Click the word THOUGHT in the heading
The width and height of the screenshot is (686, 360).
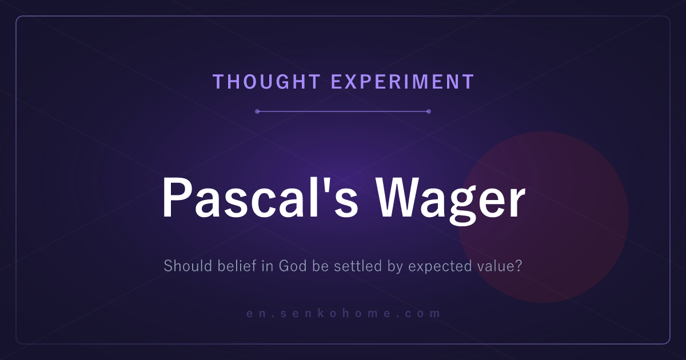(267, 82)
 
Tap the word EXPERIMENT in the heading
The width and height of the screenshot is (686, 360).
(402, 82)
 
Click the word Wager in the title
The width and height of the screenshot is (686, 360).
(450, 201)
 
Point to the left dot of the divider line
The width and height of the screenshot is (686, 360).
(257, 111)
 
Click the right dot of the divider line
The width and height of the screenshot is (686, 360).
(429, 111)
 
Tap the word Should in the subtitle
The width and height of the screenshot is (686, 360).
(188, 266)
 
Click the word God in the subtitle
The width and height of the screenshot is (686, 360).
(293, 266)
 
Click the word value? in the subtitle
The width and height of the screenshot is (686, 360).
(499, 266)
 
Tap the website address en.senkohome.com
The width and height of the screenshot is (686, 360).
(344, 313)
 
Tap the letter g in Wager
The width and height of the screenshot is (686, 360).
(463, 207)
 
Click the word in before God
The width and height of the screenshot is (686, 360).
(268, 266)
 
